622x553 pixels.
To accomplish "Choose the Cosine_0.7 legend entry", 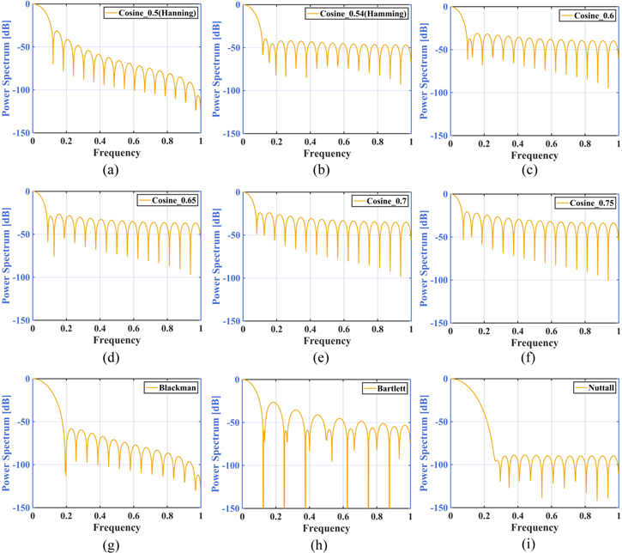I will [383, 201].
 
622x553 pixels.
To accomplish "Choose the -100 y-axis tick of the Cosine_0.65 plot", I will [17, 277].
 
